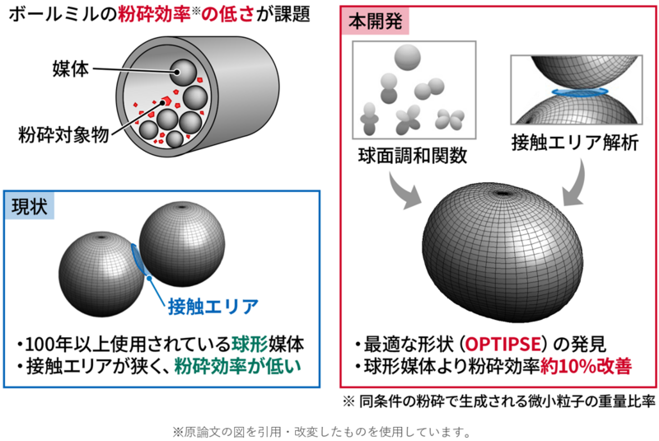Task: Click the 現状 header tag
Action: [x=30, y=207]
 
